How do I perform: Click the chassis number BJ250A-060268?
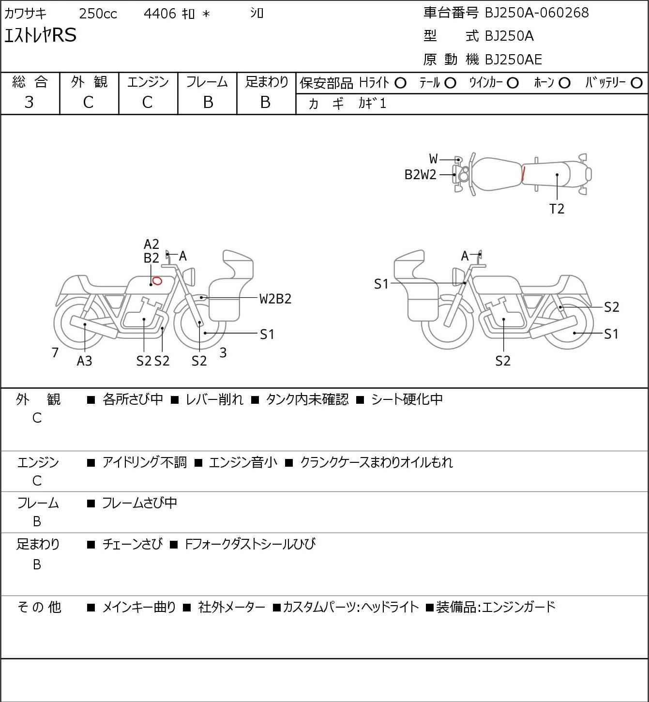click(x=537, y=13)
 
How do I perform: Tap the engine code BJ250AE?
click(x=513, y=60)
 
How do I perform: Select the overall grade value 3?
click(x=30, y=102)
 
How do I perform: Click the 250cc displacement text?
click(x=98, y=14)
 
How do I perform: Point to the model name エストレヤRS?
click(x=40, y=36)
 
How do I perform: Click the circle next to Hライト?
click(x=400, y=83)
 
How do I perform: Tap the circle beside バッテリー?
click(x=637, y=83)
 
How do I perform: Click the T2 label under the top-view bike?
click(x=557, y=209)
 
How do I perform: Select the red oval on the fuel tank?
click(x=157, y=281)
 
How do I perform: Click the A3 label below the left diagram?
click(x=84, y=361)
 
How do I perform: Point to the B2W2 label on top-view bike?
click(x=420, y=175)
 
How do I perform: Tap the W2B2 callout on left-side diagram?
click(x=275, y=299)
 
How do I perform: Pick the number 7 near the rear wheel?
click(x=55, y=352)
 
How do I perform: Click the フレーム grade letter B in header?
click(x=208, y=102)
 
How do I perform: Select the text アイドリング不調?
click(x=144, y=463)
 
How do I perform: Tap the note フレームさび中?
click(x=139, y=504)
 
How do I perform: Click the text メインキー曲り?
click(x=139, y=607)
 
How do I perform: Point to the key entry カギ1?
click(x=372, y=104)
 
